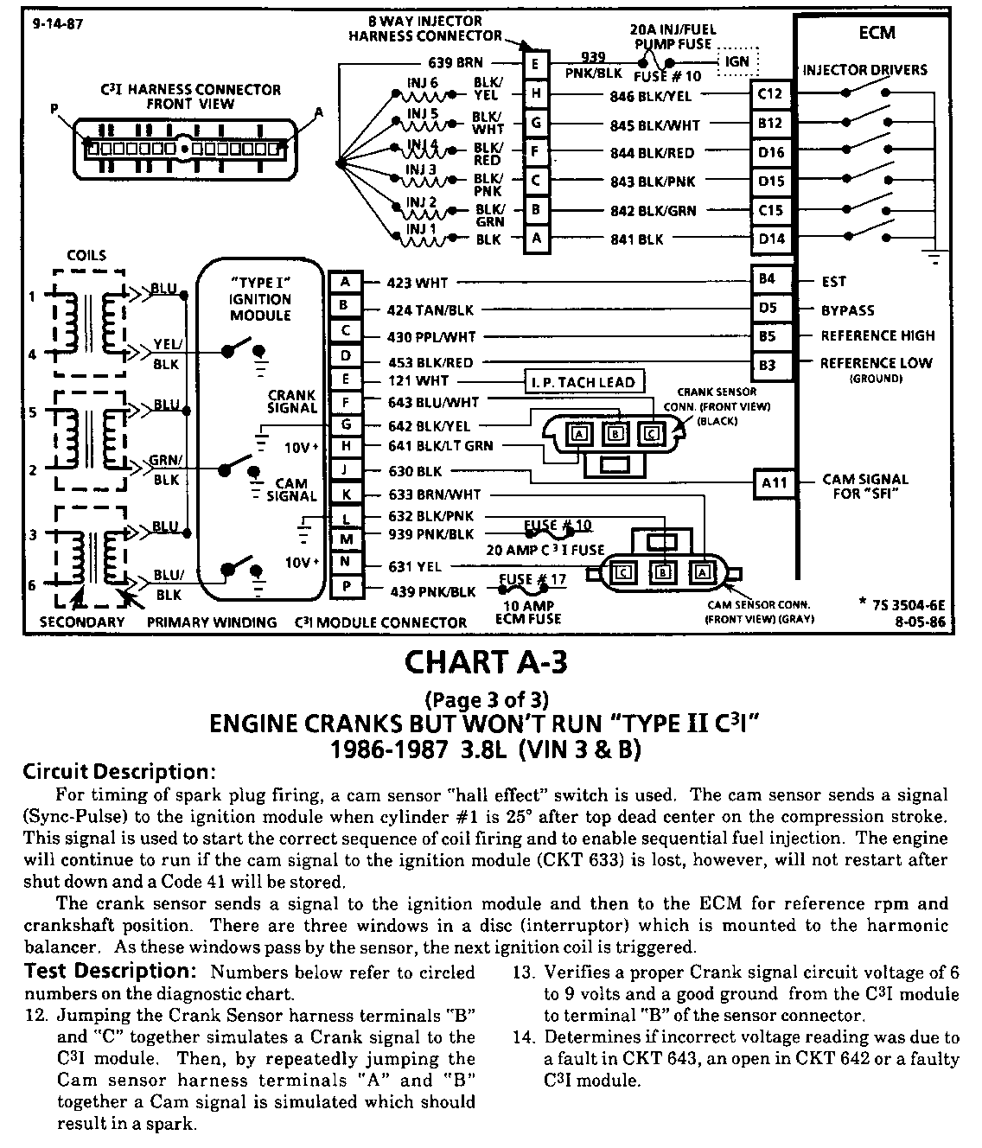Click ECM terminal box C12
(x=769, y=93)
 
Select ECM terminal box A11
(x=774, y=482)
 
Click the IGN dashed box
(x=736, y=62)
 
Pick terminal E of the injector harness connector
(x=536, y=63)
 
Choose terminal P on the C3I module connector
(x=345, y=590)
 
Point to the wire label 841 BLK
(x=638, y=239)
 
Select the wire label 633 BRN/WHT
(x=435, y=495)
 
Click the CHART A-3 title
(x=488, y=664)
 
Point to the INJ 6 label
(x=423, y=83)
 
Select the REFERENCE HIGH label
(x=877, y=335)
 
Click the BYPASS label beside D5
(x=848, y=309)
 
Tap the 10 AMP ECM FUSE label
(x=527, y=612)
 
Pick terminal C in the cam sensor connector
(x=622, y=571)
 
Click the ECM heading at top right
(x=877, y=33)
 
